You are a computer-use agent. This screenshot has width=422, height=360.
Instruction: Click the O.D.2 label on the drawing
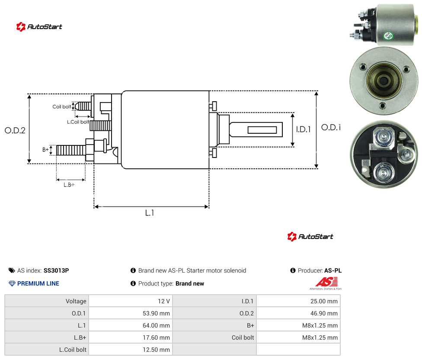click(x=15, y=131)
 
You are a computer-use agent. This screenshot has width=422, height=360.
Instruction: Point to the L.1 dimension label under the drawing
click(x=150, y=213)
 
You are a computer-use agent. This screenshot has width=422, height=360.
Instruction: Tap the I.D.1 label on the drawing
click(x=304, y=129)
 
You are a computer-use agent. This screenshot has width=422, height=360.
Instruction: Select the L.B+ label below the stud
click(x=69, y=185)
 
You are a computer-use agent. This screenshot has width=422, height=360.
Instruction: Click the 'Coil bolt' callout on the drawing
click(x=62, y=106)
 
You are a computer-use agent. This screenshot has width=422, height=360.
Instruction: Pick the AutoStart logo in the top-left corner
click(x=39, y=27)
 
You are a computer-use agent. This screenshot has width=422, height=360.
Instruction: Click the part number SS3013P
click(x=56, y=270)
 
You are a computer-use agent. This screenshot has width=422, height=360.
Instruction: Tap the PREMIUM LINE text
click(x=38, y=283)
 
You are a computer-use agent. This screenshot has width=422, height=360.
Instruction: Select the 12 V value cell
click(x=131, y=301)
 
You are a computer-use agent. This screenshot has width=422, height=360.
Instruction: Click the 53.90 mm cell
click(x=131, y=313)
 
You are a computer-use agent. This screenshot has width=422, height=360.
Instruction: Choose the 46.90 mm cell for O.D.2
click(x=298, y=313)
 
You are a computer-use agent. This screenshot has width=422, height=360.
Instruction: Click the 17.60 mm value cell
click(x=131, y=337)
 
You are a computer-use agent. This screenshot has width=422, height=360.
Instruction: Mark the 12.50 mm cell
click(x=131, y=350)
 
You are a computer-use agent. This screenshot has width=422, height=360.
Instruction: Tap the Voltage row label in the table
click(x=76, y=301)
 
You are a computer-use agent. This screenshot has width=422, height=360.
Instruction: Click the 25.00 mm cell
click(x=298, y=301)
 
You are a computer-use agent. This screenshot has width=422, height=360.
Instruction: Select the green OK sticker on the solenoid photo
click(x=388, y=35)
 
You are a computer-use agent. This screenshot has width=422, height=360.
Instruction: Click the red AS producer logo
click(x=326, y=282)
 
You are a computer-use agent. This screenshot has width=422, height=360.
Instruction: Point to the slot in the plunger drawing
click(x=262, y=130)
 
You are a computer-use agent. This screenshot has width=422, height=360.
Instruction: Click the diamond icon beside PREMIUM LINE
click(x=12, y=283)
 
